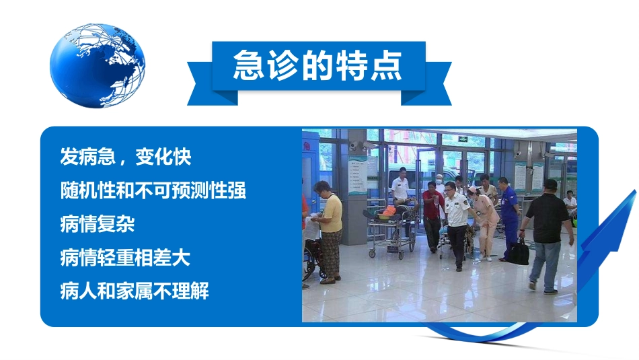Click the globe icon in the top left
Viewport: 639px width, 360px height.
coord(97,65)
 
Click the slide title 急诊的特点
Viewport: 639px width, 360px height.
coord(317,65)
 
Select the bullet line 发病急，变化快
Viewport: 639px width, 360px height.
coord(126,157)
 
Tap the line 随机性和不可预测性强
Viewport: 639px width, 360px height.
coord(153,190)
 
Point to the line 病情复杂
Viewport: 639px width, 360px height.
coord(97,224)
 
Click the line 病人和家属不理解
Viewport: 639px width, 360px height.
coord(134,291)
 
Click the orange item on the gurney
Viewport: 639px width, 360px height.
coord(389,211)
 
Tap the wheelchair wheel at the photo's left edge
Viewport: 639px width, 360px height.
coord(309,264)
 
